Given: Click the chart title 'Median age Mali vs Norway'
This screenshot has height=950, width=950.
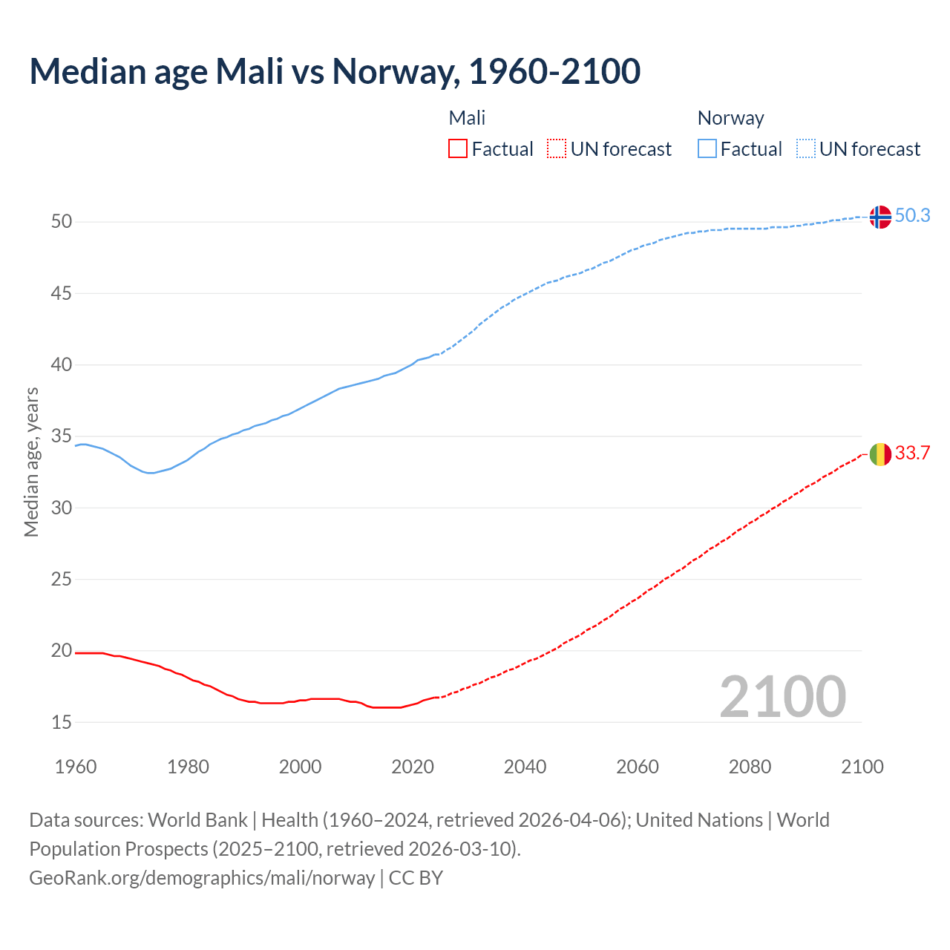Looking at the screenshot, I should (x=334, y=71).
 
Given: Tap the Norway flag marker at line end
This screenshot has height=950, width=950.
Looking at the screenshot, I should (x=880, y=217).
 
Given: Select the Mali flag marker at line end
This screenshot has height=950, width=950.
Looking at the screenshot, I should (x=880, y=453).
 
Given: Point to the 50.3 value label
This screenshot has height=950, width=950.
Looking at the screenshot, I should (x=912, y=215).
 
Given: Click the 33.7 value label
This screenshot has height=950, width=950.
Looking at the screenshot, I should (x=912, y=453).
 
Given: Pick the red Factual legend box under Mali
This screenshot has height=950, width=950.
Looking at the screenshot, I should (x=458, y=149).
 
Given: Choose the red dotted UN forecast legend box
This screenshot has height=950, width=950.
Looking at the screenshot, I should (x=557, y=149).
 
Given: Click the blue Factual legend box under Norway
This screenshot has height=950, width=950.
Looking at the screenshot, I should (x=707, y=149).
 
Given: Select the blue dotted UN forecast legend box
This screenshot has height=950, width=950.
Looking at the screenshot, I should (x=806, y=149).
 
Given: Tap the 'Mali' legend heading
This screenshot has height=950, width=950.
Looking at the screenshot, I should (x=467, y=118).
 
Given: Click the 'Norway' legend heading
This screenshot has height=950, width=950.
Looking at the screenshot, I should (x=730, y=118).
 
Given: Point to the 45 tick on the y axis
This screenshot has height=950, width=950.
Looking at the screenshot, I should (x=62, y=293).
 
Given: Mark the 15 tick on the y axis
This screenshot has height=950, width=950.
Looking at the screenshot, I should (x=62, y=722).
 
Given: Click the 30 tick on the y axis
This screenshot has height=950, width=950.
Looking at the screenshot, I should (x=62, y=508).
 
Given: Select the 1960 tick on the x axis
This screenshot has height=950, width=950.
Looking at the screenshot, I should (x=76, y=767).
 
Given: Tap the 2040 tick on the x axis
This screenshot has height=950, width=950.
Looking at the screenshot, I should (x=525, y=767).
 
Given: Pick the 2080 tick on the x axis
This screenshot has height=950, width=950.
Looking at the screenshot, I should (x=750, y=767).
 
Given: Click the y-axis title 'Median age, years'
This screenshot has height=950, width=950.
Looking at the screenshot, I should (x=31, y=462).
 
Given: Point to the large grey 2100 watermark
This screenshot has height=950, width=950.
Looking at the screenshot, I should (x=782, y=696).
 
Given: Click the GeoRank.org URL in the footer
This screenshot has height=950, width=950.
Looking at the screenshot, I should (x=202, y=878).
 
